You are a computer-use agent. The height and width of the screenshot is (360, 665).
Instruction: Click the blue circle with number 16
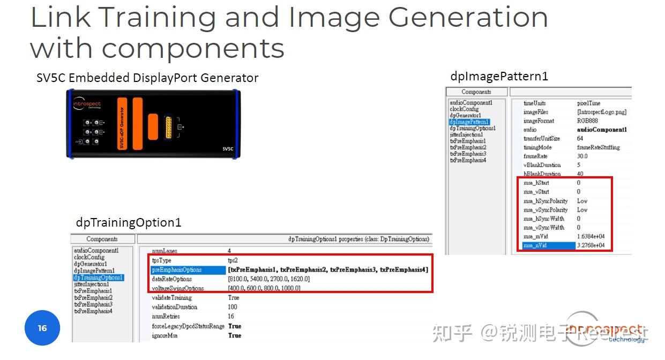tap(42, 328)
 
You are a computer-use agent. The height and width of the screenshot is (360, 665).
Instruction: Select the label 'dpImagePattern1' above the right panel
tap(499, 76)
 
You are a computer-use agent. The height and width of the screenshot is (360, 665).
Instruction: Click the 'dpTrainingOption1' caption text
tap(129, 222)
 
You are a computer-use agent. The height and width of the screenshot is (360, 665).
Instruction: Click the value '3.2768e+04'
tap(591, 245)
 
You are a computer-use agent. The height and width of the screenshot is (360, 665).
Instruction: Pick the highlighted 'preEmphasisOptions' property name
tap(177, 269)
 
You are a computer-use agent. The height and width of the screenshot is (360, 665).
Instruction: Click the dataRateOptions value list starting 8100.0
tap(268, 279)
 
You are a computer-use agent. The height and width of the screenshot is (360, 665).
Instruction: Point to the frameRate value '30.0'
tap(582, 156)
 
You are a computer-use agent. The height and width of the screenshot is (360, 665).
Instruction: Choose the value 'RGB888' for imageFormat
tap(587, 121)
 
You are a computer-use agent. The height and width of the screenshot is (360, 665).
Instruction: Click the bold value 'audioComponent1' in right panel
tap(602, 130)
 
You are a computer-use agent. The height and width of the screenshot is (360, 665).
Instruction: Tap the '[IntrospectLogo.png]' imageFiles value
tap(601, 112)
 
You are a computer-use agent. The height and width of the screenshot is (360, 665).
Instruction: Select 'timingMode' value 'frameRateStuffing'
tap(598, 147)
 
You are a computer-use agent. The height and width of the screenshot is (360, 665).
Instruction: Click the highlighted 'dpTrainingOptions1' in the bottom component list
tap(99, 277)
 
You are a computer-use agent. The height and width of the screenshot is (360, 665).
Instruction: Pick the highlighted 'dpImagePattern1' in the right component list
tap(469, 122)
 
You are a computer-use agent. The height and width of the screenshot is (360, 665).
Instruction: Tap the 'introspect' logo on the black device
tap(87, 104)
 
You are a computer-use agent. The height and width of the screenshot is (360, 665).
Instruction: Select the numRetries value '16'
tap(231, 317)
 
